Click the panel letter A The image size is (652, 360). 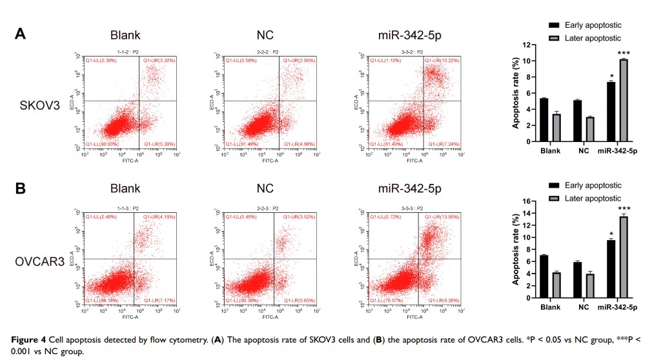click(x=21, y=34)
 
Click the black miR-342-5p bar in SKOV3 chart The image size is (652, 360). click(x=611, y=112)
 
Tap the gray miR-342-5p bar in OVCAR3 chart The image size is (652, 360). click(x=623, y=257)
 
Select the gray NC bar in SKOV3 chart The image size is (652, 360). click(x=589, y=129)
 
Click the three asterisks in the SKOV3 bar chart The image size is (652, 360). click(x=623, y=53)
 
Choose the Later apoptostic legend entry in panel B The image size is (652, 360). click(x=591, y=198)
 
